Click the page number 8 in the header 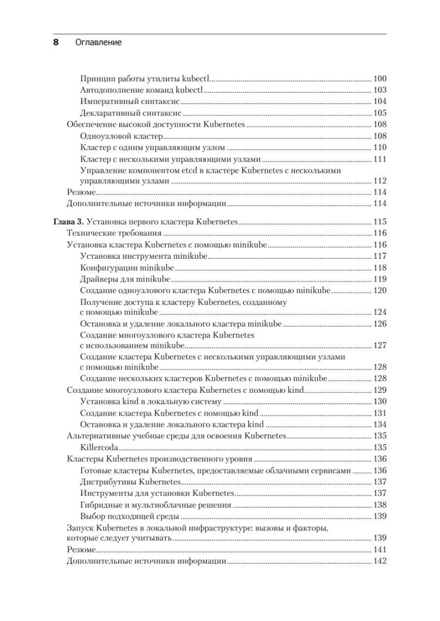[56, 43]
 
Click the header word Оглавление [98, 43]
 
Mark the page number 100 [380, 79]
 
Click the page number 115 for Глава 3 [380, 221]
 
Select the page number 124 [380, 313]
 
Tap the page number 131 [380, 413]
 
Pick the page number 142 [380, 561]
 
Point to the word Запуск [80, 528]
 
